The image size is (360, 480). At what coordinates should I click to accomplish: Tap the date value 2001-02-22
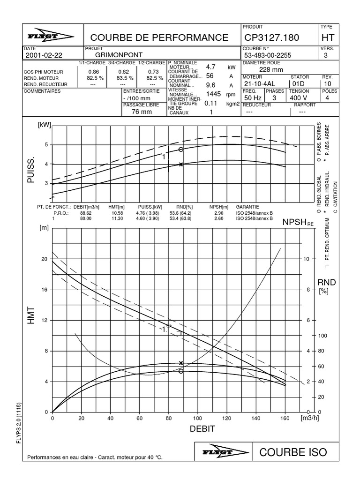(x=44, y=55)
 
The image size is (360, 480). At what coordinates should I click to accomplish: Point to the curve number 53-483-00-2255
(x=268, y=55)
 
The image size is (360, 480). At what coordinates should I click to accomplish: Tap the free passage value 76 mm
(x=142, y=112)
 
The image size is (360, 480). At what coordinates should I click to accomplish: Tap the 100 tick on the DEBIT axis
(x=197, y=418)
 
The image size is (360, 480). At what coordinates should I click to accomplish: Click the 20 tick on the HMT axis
(x=45, y=259)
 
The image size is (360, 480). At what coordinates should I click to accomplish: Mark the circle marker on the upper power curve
(x=181, y=150)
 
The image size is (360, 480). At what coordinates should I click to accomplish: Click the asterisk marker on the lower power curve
(x=181, y=164)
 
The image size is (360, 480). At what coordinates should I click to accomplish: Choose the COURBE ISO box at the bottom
(x=292, y=452)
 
